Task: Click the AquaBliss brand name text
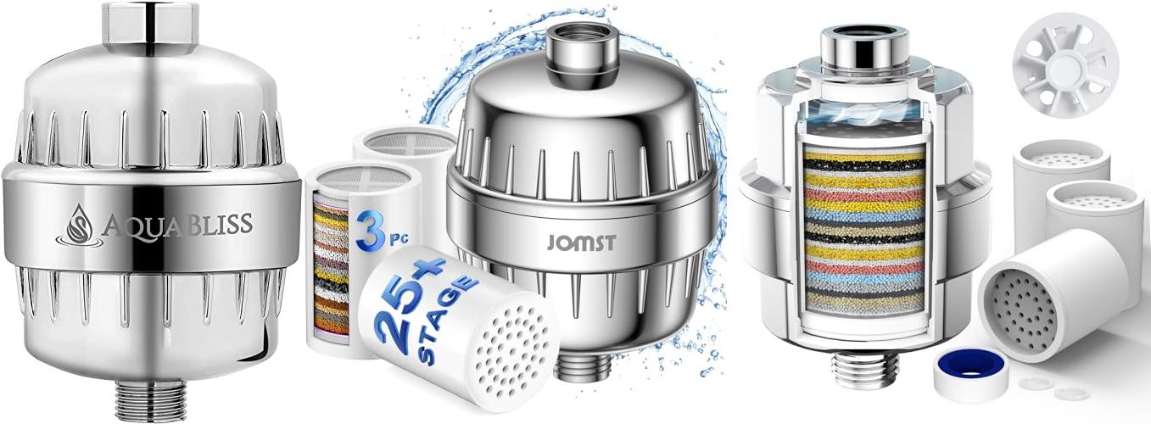178,225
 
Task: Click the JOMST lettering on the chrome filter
581,242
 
